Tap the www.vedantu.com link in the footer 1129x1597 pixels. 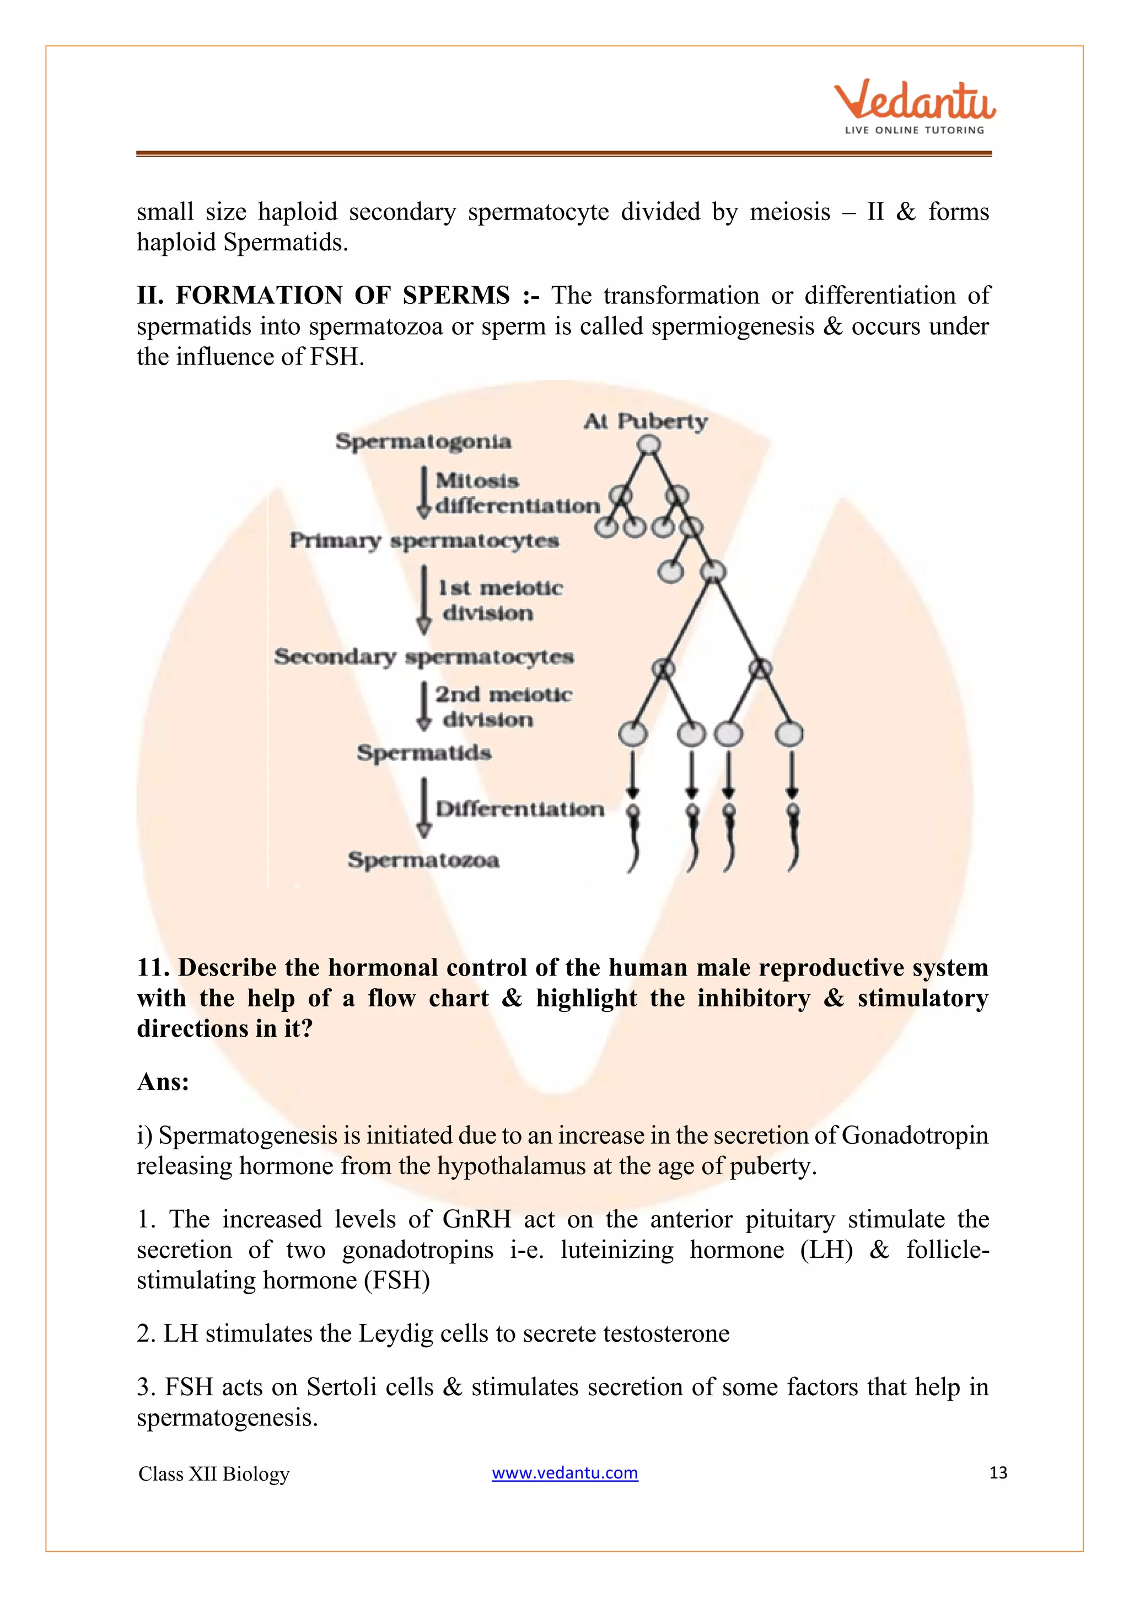click(x=564, y=1472)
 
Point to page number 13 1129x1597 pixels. click(x=998, y=1472)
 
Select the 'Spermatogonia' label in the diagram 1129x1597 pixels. click(x=423, y=442)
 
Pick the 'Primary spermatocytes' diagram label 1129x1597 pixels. click(x=424, y=540)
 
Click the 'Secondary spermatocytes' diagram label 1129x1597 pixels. click(x=424, y=657)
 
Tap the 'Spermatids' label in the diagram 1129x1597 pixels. click(x=424, y=753)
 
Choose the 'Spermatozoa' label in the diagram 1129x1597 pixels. click(x=423, y=860)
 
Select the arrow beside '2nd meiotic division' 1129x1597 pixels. click(x=423, y=706)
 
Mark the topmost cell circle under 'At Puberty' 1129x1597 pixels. click(x=649, y=444)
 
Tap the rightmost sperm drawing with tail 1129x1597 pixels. click(x=793, y=838)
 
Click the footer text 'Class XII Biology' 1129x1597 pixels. click(x=213, y=1474)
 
